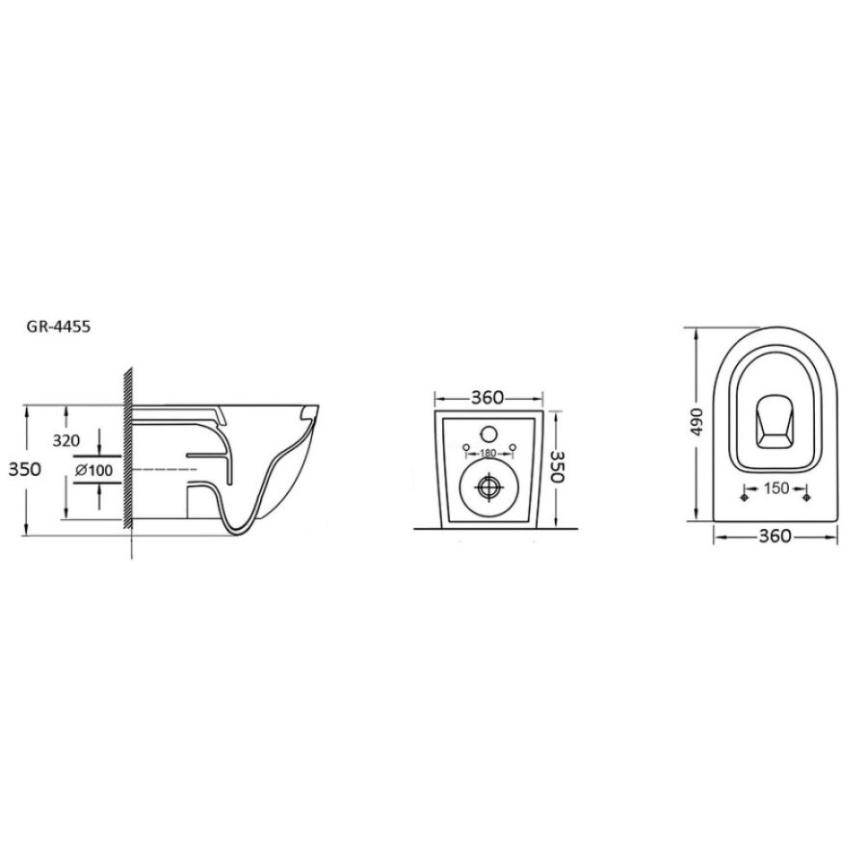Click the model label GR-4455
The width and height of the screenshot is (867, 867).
click(x=58, y=327)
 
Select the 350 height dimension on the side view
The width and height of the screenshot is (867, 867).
click(x=25, y=469)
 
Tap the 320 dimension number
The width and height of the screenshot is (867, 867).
click(x=66, y=440)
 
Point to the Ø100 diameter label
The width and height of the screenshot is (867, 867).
click(x=93, y=470)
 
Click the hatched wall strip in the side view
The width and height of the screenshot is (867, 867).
click(x=128, y=448)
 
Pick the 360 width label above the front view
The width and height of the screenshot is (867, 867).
click(x=487, y=398)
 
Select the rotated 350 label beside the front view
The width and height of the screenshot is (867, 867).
click(x=558, y=466)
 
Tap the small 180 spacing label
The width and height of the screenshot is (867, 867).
click(x=488, y=454)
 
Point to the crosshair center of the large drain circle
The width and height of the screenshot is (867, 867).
click(x=488, y=487)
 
